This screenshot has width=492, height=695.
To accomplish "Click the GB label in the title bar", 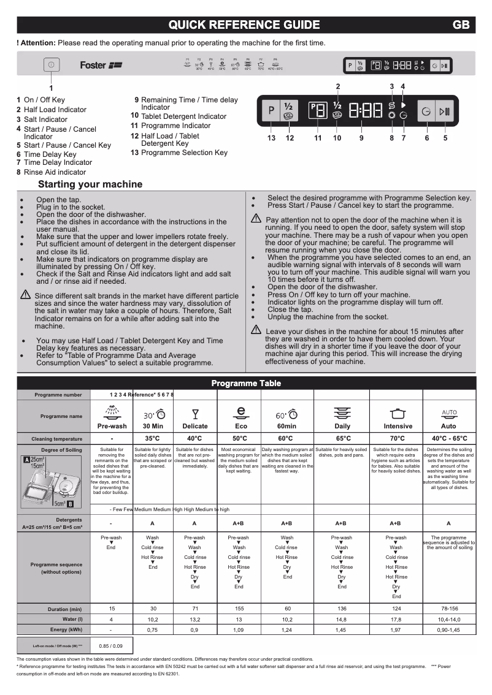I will tap(461, 25).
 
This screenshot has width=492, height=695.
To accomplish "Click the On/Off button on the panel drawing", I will tap(51, 65).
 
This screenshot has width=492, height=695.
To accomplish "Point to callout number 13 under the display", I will tap(271, 138).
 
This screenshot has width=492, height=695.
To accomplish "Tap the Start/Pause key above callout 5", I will tap(445, 112).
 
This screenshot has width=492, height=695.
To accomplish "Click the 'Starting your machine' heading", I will tap(90, 184).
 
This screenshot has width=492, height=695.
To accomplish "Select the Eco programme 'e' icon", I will tap(241, 412).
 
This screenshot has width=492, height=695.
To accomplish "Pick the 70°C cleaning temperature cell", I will tap(397, 439).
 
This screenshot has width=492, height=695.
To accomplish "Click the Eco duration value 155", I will tap(239, 609).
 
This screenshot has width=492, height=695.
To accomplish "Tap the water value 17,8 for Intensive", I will tap(396, 620).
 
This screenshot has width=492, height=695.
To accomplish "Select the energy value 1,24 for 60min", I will tap(286, 629).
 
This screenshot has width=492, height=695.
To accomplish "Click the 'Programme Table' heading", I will tap(246, 384).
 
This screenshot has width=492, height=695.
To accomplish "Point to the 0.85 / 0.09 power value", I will tap(111, 646).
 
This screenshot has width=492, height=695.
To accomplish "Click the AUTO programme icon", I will tap(449, 412).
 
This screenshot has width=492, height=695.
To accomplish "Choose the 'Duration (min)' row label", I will tap(64, 609).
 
